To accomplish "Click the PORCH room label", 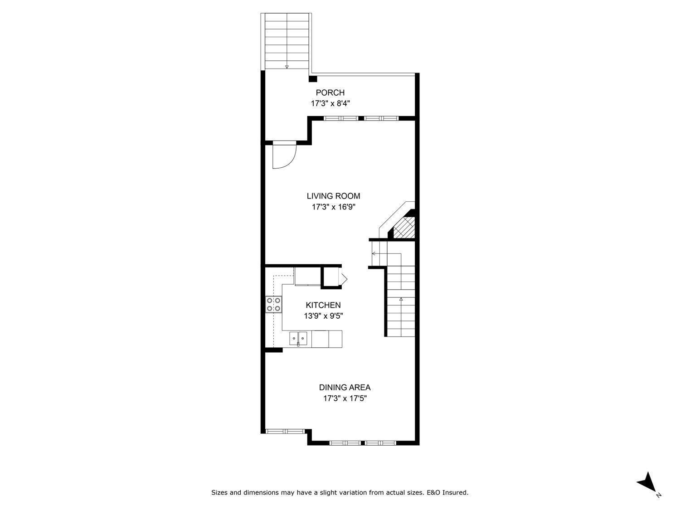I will pos(330,93).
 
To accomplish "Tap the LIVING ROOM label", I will pos(333,196).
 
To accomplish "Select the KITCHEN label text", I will pos(323,306).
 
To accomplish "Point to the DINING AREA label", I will pos(345,388).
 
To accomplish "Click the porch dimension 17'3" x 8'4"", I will pos(330,103).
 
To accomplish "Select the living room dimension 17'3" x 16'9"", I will pos(333,207).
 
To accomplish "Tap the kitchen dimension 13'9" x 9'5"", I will pos(323,316).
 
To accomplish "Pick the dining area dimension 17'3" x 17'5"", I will pos(345,399).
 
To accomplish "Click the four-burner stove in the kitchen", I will pos(273,304).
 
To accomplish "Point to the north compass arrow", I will pos(647,482).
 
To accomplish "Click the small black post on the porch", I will pos(312,79).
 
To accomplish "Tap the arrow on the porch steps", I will pos(287,67).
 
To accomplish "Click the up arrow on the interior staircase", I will pos(401,299).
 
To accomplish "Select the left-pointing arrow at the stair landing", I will pos(374,253).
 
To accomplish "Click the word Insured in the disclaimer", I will pos(455,492).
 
